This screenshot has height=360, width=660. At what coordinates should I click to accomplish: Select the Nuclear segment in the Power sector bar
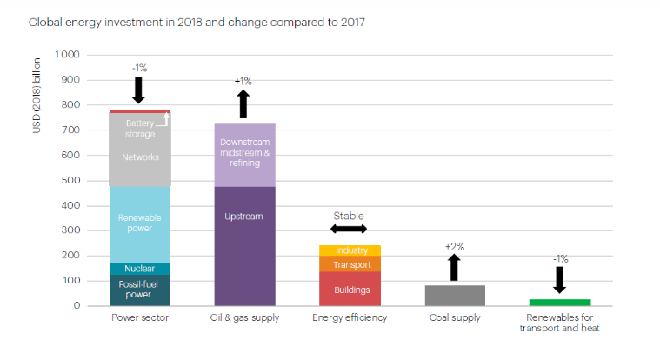(x=139, y=269)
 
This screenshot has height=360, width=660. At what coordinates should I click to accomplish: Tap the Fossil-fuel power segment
(x=139, y=290)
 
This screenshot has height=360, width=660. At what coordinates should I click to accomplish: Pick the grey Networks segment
(x=139, y=157)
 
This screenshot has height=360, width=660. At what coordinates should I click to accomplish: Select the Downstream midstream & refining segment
(x=244, y=155)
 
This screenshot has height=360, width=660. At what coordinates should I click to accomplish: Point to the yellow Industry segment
(x=350, y=250)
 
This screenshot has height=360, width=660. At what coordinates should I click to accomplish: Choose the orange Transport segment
(x=350, y=264)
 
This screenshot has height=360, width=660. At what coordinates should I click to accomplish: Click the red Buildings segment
(x=350, y=289)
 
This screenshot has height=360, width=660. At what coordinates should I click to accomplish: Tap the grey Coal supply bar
(x=455, y=295)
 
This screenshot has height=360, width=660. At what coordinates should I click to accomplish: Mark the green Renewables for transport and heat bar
(x=560, y=302)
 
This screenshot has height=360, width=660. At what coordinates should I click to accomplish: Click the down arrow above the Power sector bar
(x=137, y=90)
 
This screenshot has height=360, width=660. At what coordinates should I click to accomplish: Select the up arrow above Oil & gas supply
(x=243, y=103)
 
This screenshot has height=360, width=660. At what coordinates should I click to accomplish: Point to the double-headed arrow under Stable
(x=350, y=229)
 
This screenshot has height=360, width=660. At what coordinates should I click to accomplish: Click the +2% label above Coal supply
(x=455, y=247)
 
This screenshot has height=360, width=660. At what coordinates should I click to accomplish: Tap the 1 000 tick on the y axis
(x=68, y=55)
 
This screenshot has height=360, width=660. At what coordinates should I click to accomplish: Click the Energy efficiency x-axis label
(x=350, y=317)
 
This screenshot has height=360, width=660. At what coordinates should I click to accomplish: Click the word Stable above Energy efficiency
(x=349, y=216)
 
